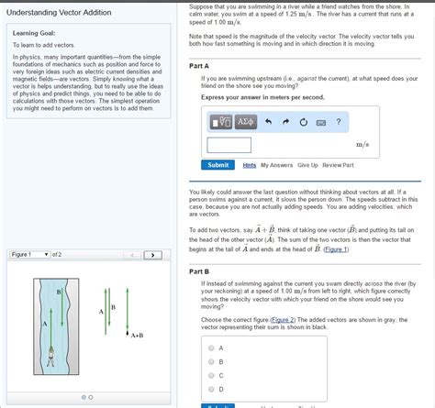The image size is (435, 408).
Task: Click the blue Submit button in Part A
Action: (x=218, y=165)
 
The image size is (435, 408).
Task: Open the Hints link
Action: (x=249, y=165)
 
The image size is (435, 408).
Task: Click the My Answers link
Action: (x=277, y=165)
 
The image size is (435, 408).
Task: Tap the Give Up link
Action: (x=307, y=165)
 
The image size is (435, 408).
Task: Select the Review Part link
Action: (x=338, y=165)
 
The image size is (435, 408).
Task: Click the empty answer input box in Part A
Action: (x=229, y=144)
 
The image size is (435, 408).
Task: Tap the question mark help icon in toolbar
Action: (x=339, y=122)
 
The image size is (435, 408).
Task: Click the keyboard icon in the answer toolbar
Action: (x=321, y=122)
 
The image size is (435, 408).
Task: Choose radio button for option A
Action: (x=211, y=348)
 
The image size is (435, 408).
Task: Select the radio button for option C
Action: (x=211, y=375)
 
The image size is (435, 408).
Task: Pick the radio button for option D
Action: (x=211, y=389)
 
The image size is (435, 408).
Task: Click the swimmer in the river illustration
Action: (x=52, y=353)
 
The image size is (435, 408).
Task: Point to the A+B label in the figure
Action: (x=137, y=336)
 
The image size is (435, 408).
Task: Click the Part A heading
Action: (x=199, y=67)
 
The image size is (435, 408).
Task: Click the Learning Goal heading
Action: (x=36, y=33)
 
